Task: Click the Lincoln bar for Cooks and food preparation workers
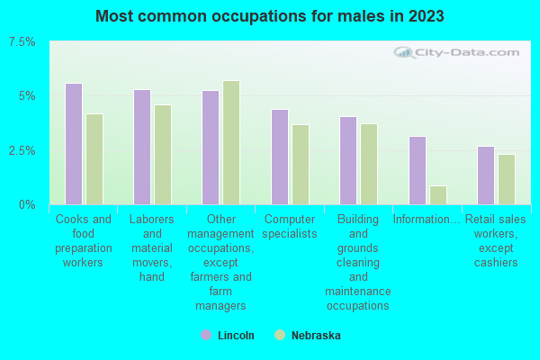pyautogui.click(x=74, y=144)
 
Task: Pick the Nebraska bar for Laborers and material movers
pyautogui.click(x=163, y=155)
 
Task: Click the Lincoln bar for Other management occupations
pyautogui.click(x=211, y=148)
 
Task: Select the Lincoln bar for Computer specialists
pyautogui.click(x=280, y=157)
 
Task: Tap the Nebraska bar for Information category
pyautogui.click(x=438, y=195)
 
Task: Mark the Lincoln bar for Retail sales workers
pyautogui.click(x=486, y=175)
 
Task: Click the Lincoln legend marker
pyautogui.click(x=206, y=335)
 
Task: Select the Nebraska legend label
pyautogui.click(x=316, y=336)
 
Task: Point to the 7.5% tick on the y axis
pyautogui.click(x=22, y=42)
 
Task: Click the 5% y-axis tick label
pyautogui.click(x=26, y=96)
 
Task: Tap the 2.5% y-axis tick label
pyautogui.click(x=22, y=150)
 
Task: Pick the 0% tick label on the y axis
pyautogui.click(x=28, y=205)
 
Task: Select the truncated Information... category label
pyautogui.click(x=427, y=219)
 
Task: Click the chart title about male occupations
pyautogui.click(x=270, y=16)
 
